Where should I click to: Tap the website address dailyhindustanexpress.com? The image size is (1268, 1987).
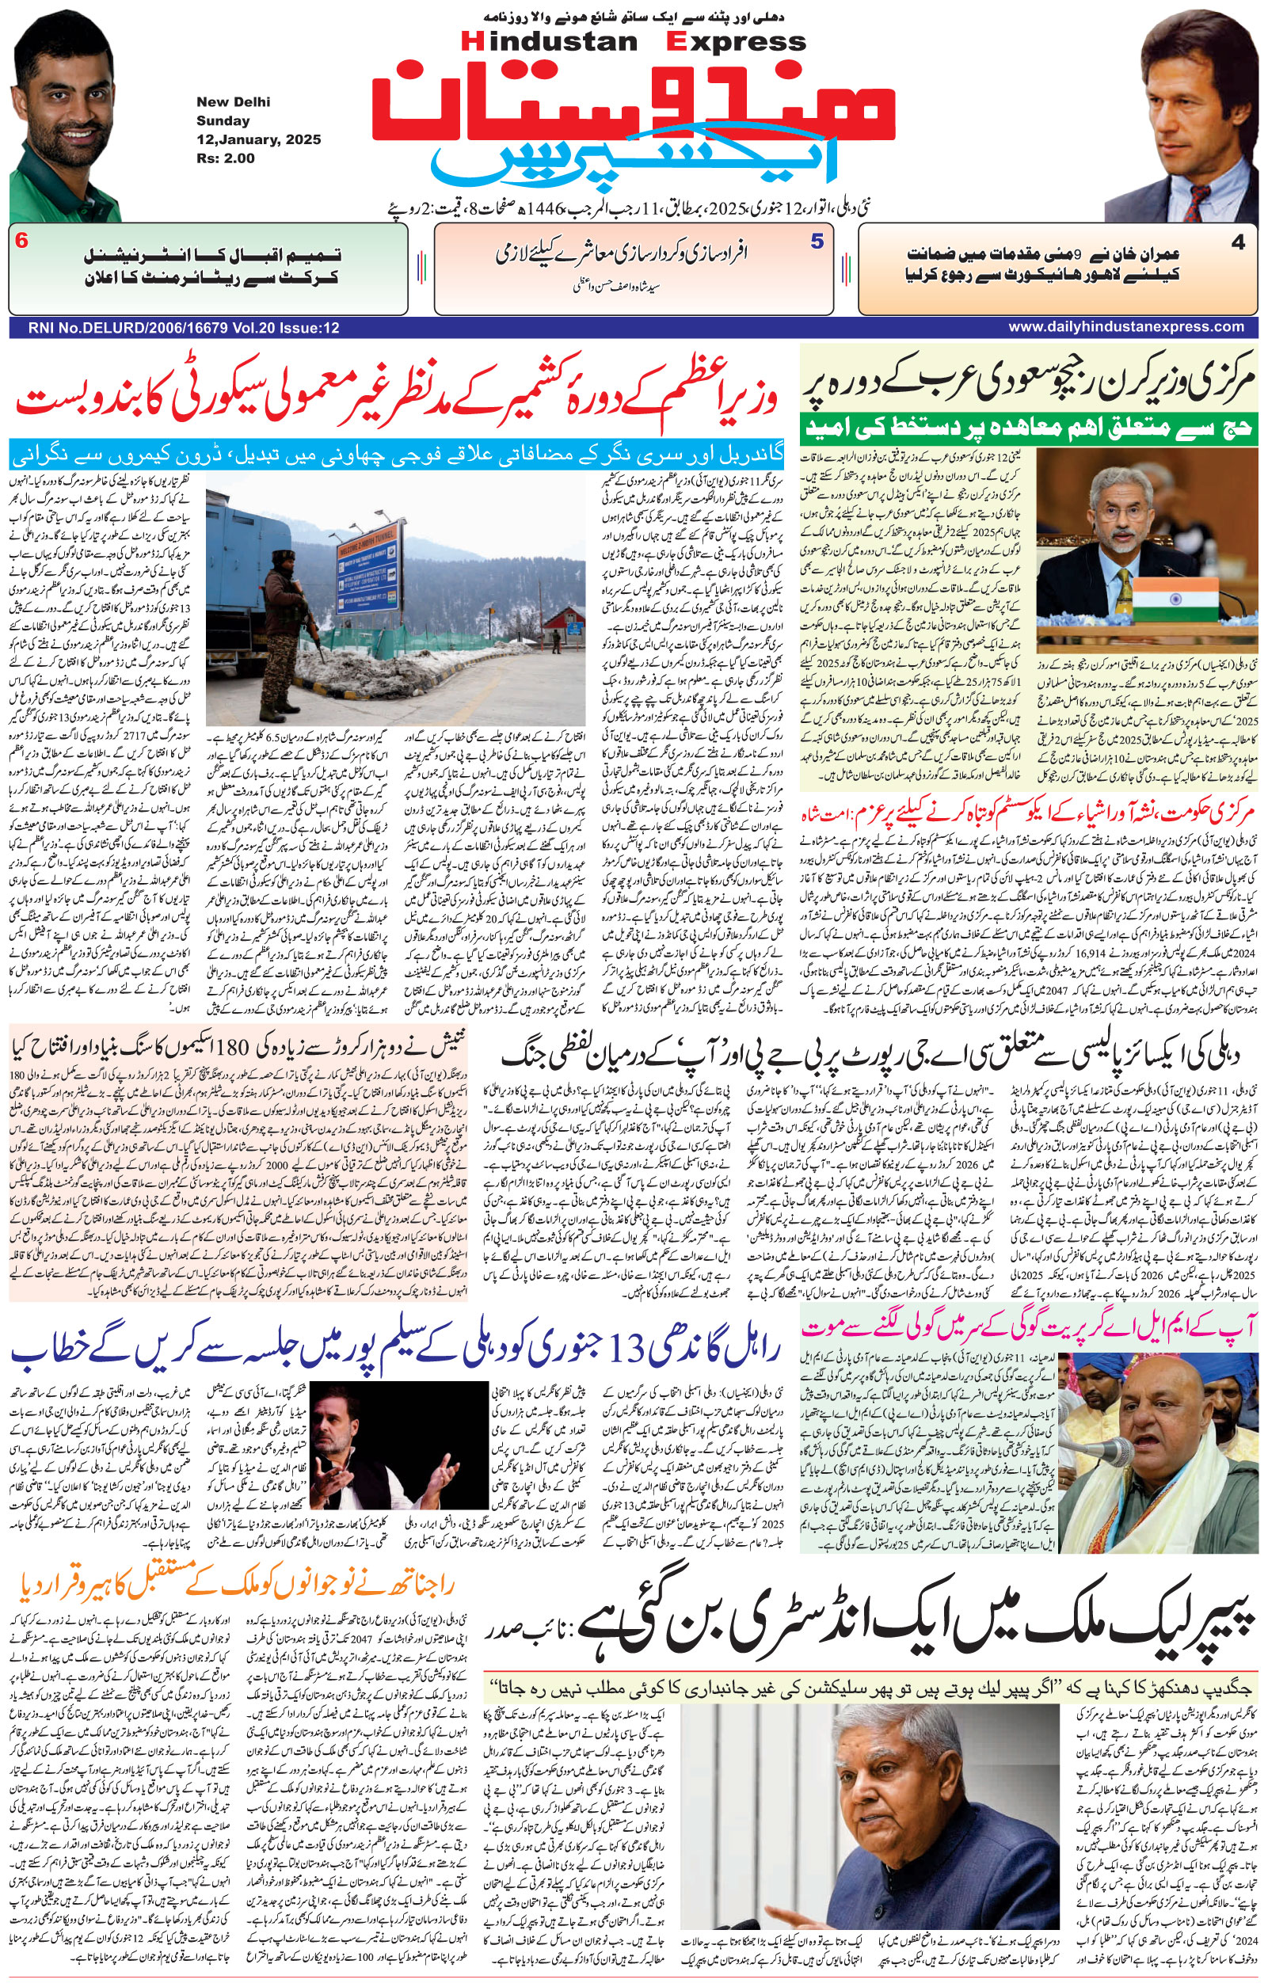click(1125, 328)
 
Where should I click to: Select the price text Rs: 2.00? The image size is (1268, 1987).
click(225, 158)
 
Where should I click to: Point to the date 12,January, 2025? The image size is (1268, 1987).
click(258, 139)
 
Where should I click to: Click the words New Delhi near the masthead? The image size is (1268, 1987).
click(233, 102)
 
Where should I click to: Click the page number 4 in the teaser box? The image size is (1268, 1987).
click(1237, 242)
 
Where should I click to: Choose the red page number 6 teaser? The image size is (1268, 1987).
click(22, 242)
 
